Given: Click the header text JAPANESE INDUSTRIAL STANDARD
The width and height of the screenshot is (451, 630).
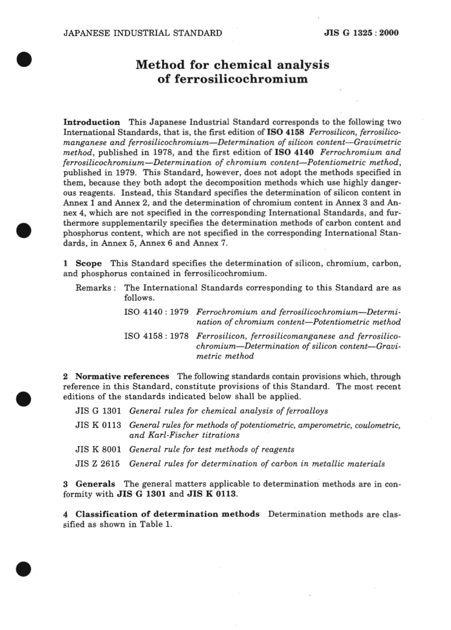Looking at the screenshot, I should click(142, 33).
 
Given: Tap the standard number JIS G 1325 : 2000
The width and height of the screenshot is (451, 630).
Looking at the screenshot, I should click(361, 33).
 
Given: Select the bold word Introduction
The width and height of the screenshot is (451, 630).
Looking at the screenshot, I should click(92, 122).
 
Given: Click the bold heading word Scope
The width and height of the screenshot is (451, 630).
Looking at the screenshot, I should click(89, 263).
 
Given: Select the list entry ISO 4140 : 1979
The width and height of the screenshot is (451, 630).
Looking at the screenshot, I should click(156, 312).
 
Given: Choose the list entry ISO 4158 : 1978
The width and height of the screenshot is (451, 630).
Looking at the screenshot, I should click(156, 336).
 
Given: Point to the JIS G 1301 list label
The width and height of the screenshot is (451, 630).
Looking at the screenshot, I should click(98, 411).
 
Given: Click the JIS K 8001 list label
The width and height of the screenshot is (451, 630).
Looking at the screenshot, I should click(98, 449).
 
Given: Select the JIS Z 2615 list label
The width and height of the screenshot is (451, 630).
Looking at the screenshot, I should click(98, 464).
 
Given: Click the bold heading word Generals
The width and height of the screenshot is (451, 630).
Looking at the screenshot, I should click(95, 484).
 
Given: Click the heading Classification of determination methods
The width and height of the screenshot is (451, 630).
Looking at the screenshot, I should click(168, 514).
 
